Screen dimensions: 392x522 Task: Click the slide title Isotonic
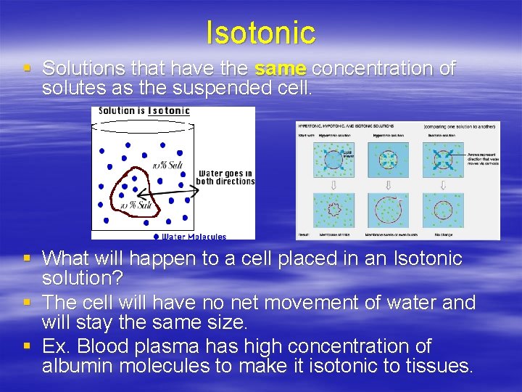click(x=261, y=33)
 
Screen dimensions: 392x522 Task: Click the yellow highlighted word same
click(x=281, y=69)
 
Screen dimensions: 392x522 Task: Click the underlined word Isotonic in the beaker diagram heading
click(x=169, y=111)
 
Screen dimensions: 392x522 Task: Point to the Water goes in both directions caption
click(x=225, y=177)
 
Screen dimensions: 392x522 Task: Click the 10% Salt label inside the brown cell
click(x=136, y=206)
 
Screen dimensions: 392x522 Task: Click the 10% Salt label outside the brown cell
click(x=166, y=166)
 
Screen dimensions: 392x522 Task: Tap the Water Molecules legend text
click(x=194, y=237)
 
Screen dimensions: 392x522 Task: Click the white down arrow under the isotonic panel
click(x=443, y=185)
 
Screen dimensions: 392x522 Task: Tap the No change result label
click(x=443, y=234)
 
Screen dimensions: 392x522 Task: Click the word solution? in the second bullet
click(x=83, y=279)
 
